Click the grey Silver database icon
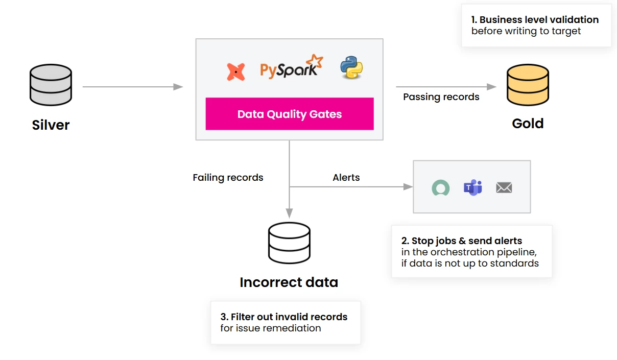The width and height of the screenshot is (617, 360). point(51,85)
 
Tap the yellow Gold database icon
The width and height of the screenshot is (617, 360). point(528,85)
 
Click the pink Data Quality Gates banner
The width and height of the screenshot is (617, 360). point(290,114)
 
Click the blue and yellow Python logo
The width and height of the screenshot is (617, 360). point(351,67)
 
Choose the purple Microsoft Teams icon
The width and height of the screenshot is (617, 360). point(472,187)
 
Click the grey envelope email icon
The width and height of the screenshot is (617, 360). point(504,188)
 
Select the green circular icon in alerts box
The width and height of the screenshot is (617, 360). point(440,188)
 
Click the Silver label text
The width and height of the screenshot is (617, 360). point(51,125)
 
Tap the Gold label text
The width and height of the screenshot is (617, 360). point(528,124)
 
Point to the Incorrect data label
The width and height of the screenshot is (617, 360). point(289,282)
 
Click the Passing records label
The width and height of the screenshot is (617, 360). point(441,97)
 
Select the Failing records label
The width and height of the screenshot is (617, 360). point(228,178)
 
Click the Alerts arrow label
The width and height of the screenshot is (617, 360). point(346,178)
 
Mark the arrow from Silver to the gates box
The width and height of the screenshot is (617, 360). point(133,87)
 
